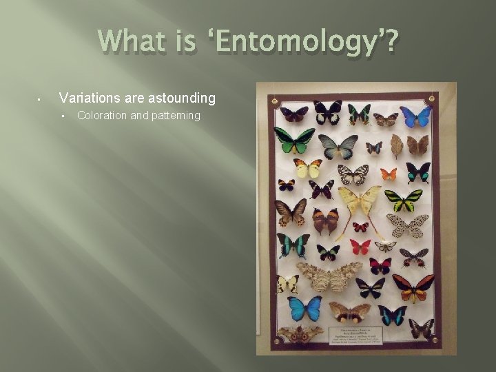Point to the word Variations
(x=85, y=99)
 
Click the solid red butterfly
(x=360, y=246)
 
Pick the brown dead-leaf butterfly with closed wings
(x=397, y=145)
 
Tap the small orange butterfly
(x=389, y=174)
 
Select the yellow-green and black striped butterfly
(x=403, y=200)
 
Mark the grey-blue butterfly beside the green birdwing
(x=338, y=145)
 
